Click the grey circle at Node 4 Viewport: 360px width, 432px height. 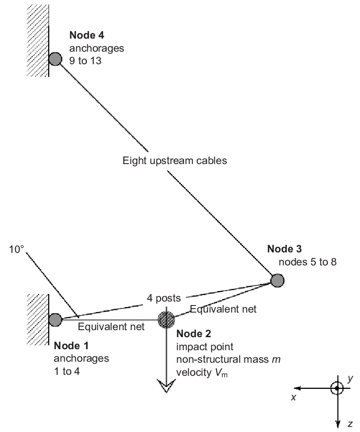(x=56, y=59)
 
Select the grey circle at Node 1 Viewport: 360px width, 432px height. (x=56, y=319)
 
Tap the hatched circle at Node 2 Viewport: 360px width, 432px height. (x=166, y=319)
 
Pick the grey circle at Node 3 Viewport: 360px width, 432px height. (x=277, y=280)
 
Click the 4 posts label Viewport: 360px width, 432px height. (x=163, y=298)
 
